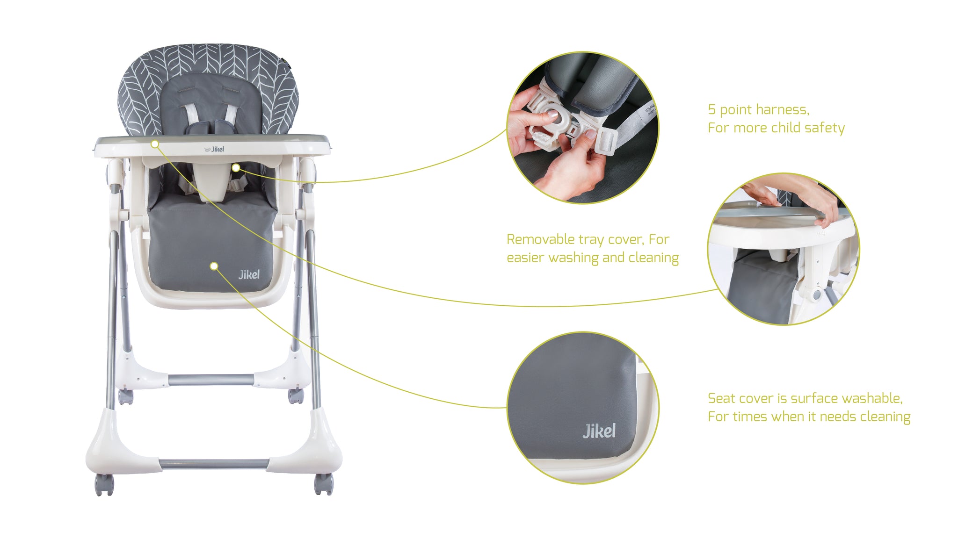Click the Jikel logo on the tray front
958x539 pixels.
pyautogui.click(x=215, y=149)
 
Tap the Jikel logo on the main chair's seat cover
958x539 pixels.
pyautogui.click(x=249, y=274)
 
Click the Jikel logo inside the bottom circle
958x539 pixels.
pyautogui.click(x=599, y=431)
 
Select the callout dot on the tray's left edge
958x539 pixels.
pyautogui.click(x=155, y=144)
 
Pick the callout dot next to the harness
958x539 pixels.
pyautogui.click(x=236, y=167)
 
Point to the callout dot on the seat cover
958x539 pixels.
pyautogui.click(x=214, y=266)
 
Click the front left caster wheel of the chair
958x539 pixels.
pyautogui.click(x=104, y=485)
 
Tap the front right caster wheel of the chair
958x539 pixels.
pyautogui.click(x=324, y=484)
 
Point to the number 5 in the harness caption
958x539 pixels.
pyautogui.click(x=711, y=110)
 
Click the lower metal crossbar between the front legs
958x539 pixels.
pyautogui.click(x=214, y=464)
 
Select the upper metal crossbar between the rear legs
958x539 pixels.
pyautogui.click(x=210, y=379)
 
